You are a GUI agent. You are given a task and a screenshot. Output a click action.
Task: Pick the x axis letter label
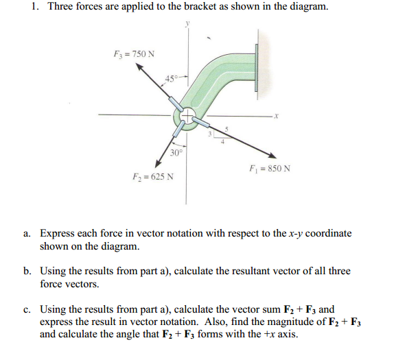(275, 116)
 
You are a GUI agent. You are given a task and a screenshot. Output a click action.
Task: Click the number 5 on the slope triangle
(227, 128)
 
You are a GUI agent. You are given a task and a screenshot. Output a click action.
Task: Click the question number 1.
(34, 8)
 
